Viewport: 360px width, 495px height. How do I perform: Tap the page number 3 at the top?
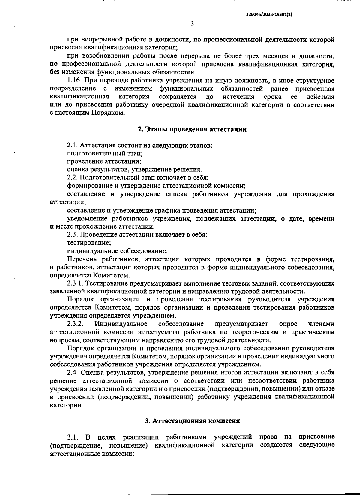[x=192, y=24]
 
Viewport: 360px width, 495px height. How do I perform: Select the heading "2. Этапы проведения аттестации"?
[x=192, y=129]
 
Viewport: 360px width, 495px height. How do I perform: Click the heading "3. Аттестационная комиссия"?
[x=192, y=421]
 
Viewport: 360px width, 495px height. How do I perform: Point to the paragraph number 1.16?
[x=74, y=81]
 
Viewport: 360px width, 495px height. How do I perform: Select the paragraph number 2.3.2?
[x=75, y=324]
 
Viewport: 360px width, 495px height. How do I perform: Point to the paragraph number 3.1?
[x=73, y=436]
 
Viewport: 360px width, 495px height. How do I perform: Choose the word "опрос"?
[x=288, y=324]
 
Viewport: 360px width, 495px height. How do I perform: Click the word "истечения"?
[x=238, y=97]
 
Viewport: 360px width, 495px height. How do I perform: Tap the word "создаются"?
[x=276, y=445]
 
